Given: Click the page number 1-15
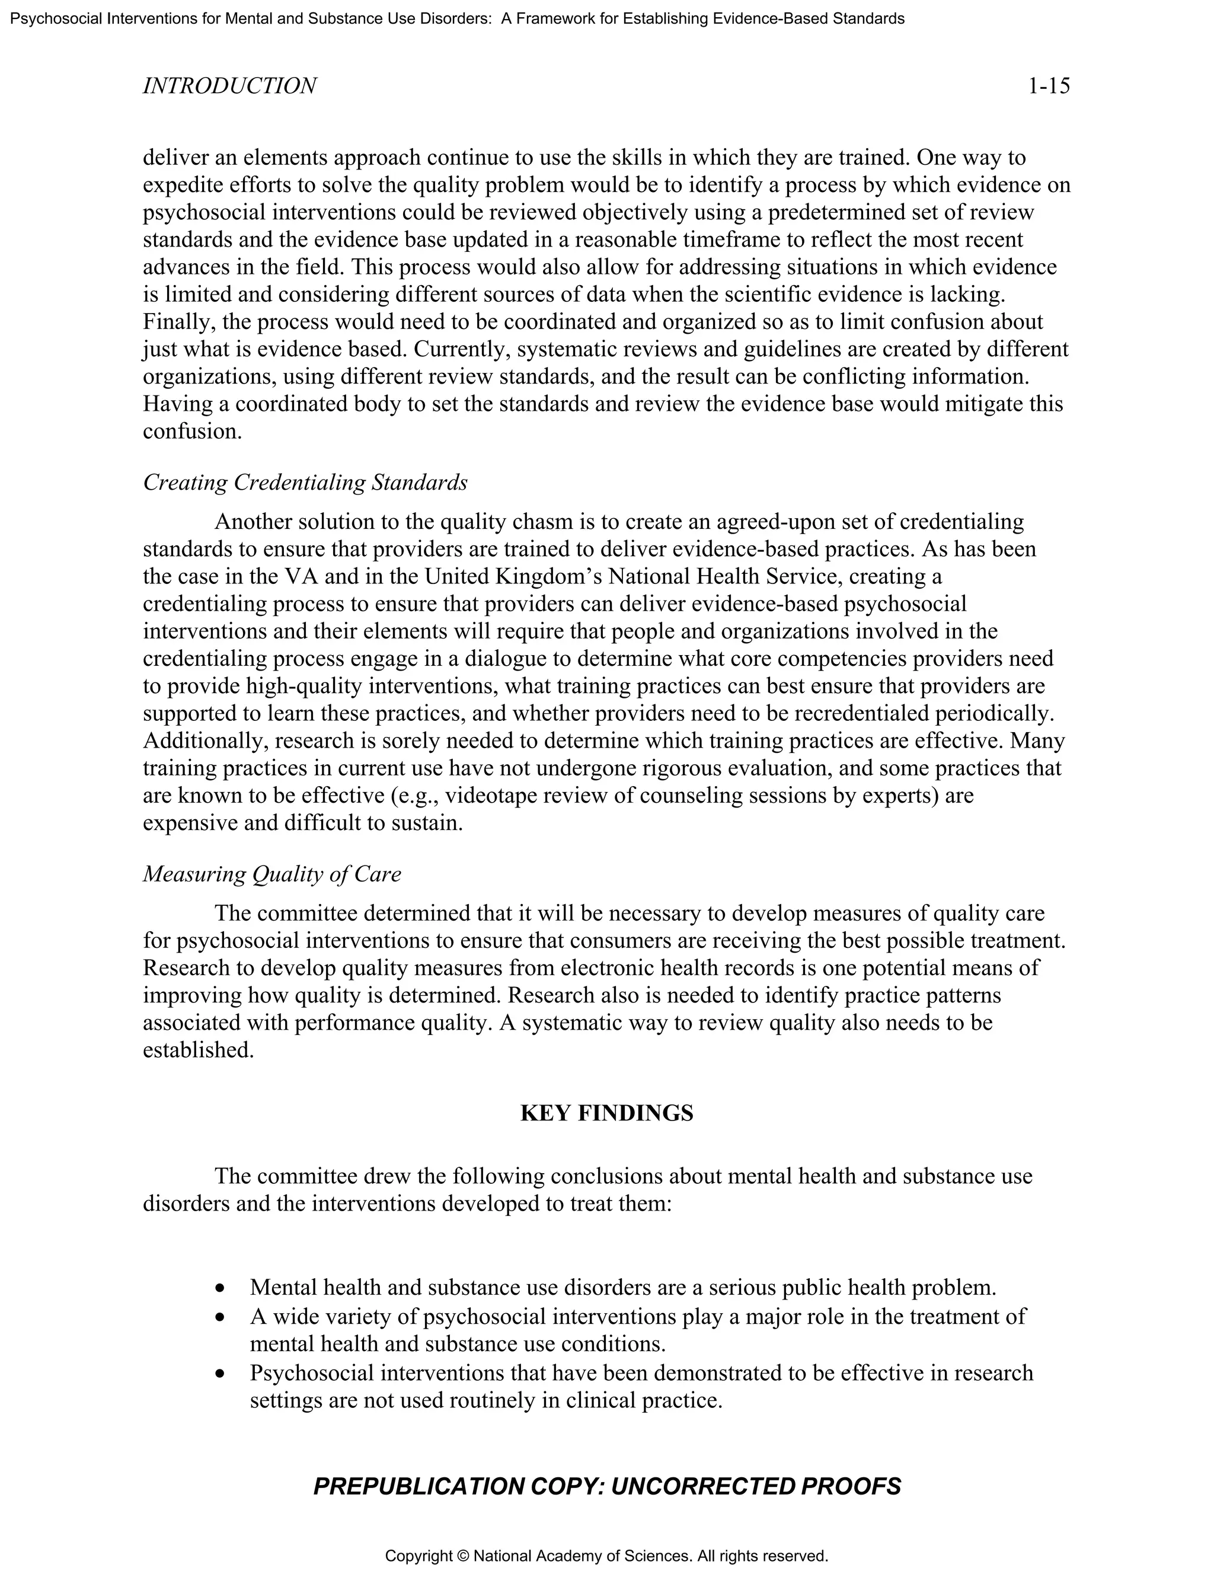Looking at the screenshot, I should tap(1049, 87).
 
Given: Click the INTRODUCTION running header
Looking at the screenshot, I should tap(229, 87).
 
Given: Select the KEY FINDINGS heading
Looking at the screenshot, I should tap(606, 1113).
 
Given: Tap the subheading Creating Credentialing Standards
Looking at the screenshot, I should tap(305, 482).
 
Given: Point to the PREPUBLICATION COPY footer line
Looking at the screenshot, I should tap(606, 1486).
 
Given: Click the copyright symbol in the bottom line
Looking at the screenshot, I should tap(462, 1556).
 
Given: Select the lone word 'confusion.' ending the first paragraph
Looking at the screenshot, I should tap(193, 432).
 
